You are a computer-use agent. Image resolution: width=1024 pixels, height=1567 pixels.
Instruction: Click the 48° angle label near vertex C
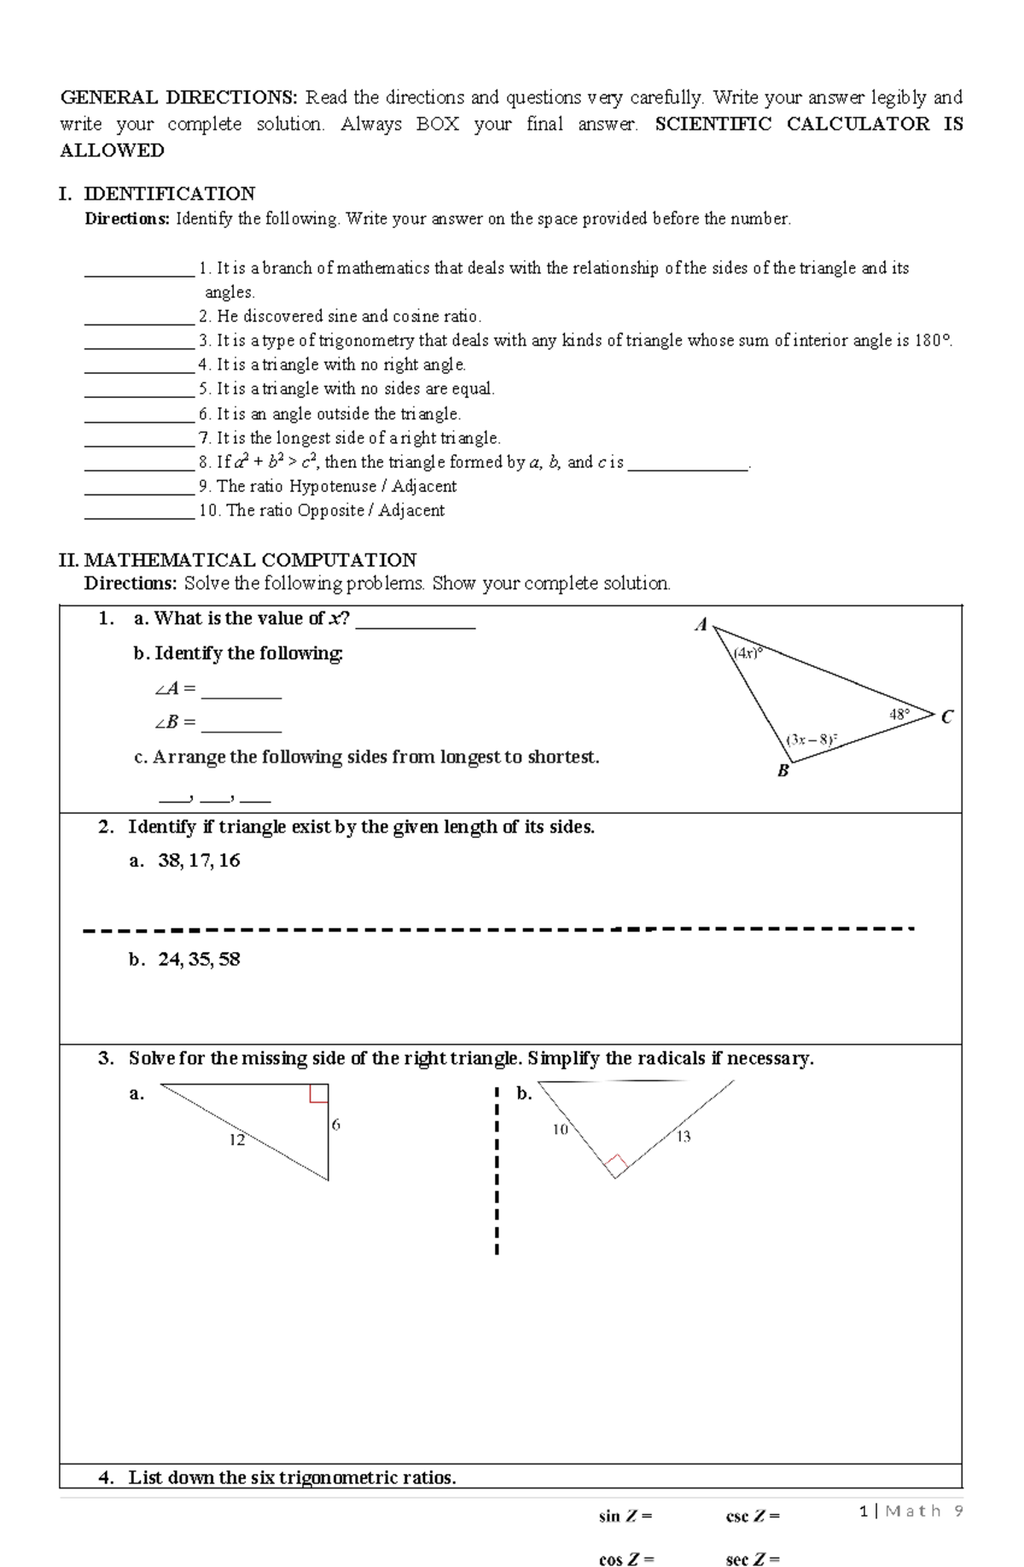(899, 713)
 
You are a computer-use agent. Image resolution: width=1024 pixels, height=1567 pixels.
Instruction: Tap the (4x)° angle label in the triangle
(747, 653)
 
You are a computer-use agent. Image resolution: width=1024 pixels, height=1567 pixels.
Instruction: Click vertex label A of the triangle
(701, 625)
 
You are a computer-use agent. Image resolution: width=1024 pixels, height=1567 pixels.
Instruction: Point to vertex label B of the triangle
(783, 771)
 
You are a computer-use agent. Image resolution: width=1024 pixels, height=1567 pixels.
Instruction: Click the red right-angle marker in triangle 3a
(318, 1094)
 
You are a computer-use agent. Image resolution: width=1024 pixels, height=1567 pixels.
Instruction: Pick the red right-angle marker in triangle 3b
(616, 1163)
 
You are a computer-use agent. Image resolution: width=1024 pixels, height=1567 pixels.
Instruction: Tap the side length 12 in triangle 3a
(236, 1140)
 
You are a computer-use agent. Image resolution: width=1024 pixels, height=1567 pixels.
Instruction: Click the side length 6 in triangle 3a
(335, 1125)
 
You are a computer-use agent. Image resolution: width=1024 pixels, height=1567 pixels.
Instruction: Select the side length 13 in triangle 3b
(683, 1137)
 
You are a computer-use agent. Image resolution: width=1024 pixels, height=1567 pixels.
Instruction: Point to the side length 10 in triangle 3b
(560, 1129)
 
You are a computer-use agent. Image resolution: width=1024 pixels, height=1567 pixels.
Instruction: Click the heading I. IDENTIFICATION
(157, 194)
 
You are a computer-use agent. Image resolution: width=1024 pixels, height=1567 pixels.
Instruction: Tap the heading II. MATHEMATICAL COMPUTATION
(237, 560)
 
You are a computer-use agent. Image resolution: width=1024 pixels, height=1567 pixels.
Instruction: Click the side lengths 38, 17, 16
(199, 861)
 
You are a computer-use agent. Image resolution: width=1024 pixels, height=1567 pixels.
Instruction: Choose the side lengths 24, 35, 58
(199, 959)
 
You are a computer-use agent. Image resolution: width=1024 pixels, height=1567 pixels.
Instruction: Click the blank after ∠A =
(241, 690)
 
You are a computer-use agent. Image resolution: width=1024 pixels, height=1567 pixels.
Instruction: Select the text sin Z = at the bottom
(625, 1517)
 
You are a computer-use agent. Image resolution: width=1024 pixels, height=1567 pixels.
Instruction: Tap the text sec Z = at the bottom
(752, 1559)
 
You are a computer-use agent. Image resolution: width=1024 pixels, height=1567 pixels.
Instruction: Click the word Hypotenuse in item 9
(332, 486)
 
